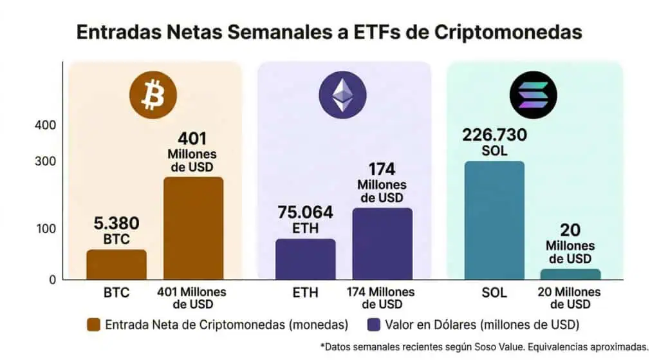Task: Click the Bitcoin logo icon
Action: click(x=153, y=95)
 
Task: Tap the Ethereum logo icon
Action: click(x=342, y=95)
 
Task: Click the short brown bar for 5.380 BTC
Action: click(x=116, y=264)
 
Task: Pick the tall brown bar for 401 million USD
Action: click(x=193, y=228)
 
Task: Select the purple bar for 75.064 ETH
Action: click(x=305, y=259)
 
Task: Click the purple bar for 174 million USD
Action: click(x=382, y=243)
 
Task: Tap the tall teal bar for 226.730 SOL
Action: click(x=494, y=220)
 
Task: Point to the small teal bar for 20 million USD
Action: click(x=570, y=274)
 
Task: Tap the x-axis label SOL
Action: click(x=494, y=292)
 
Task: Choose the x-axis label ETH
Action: click(x=305, y=292)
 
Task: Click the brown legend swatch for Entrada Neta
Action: click(x=93, y=323)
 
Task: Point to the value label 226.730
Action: click(x=494, y=135)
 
